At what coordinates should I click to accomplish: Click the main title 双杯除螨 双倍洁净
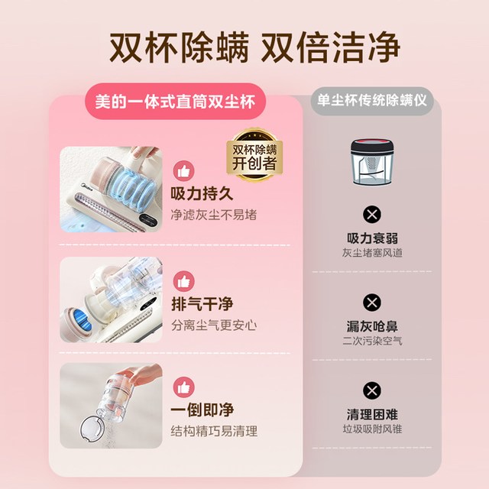[x=254, y=47]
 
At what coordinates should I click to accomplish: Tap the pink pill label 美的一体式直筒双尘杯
[x=175, y=102]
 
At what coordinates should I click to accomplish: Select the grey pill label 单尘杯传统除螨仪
[x=372, y=101]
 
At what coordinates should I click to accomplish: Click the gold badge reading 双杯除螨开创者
[x=254, y=154]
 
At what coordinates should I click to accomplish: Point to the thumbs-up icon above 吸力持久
[x=183, y=171]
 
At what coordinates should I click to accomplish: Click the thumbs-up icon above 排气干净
[x=183, y=281]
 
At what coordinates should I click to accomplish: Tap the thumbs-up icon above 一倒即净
[x=183, y=387]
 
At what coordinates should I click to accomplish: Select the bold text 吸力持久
[x=202, y=193]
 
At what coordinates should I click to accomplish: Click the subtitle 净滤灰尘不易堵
[x=214, y=215]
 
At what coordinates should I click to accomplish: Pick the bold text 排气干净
[x=202, y=304]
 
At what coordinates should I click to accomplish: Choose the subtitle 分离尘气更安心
[x=214, y=325]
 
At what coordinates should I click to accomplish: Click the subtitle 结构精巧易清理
[x=214, y=431]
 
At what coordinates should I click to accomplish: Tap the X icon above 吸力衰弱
[x=372, y=215]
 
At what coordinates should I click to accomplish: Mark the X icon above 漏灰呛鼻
[x=372, y=303]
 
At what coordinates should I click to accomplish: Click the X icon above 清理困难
[x=372, y=390]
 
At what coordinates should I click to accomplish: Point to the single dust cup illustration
[x=372, y=163]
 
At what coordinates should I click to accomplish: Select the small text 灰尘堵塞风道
[x=372, y=253]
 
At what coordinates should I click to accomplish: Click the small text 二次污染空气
[x=372, y=341]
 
